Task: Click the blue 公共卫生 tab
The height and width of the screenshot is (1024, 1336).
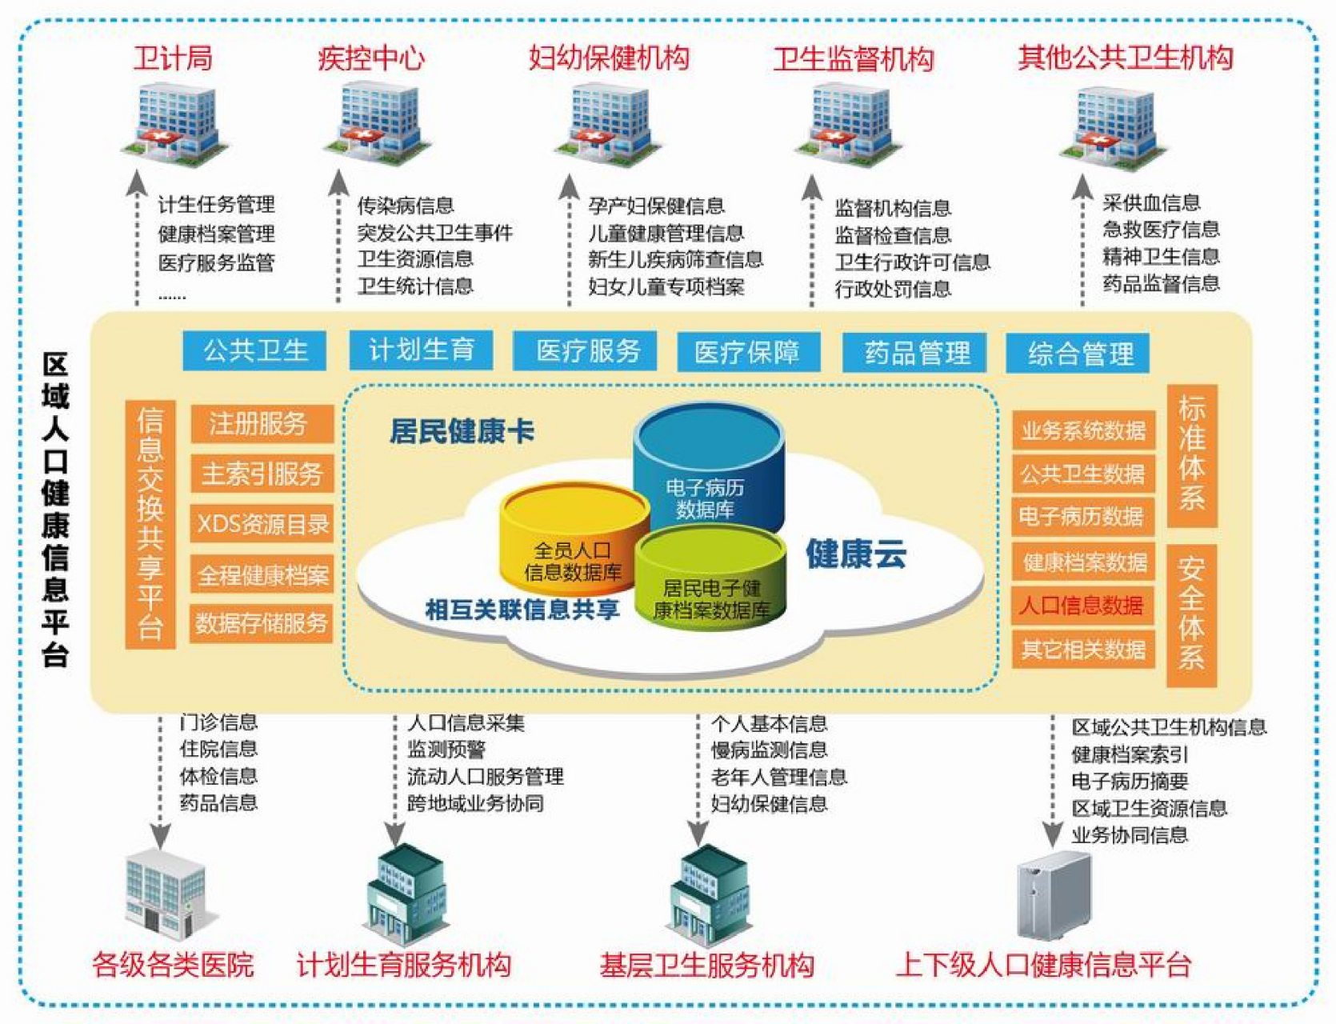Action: click(x=254, y=350)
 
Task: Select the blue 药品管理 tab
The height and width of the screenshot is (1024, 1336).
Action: click(x=914, y=353)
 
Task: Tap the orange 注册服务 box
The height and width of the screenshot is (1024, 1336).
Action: click(x=262, y=423)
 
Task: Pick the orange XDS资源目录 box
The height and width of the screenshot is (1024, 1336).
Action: click(x=262, y=524)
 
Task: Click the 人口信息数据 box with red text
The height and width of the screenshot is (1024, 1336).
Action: click(x=1082, y=605)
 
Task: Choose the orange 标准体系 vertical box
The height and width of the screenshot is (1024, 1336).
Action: click(x=1191, y=454)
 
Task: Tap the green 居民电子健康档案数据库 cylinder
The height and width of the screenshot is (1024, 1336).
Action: click(x=710, y=580)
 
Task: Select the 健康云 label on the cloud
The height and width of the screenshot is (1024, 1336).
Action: click(x=855, y=554)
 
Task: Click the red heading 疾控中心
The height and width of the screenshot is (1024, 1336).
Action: click(x=370, y=58)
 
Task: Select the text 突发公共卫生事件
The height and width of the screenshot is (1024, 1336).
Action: click(x=434, y=232)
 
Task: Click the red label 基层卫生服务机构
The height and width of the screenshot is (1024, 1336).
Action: click(x=706, y=965)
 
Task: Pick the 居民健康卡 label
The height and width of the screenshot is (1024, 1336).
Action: click(x=462, y=432)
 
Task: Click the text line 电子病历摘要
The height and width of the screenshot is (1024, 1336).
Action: click(x=1130, y=781)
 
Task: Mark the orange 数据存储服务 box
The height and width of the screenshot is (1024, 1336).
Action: click(x=262, y=622)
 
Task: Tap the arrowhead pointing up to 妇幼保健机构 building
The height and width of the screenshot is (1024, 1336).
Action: click(x=569, y=186)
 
